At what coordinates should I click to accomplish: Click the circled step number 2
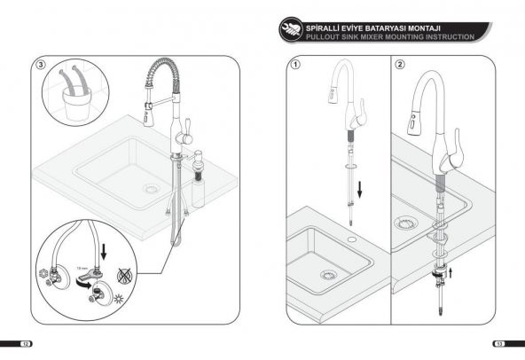tap(400, 65)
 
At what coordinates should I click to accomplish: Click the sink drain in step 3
tap(154, 190)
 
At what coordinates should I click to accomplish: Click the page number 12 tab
tap(27, 343)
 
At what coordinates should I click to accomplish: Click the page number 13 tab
tap(499, 343)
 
